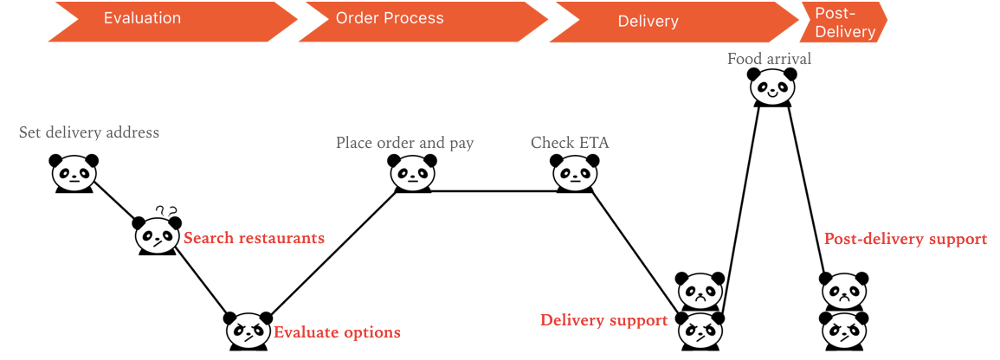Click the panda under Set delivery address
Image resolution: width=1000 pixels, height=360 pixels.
(x=74, y=173)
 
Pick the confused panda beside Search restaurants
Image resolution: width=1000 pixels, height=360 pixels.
(x=157, y=235)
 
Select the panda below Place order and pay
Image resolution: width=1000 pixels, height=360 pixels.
(x=411, y=173)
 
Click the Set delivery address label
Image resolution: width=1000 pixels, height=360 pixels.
(x=89, y=132)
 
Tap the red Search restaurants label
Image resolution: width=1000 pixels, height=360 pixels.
(x=255, y=238)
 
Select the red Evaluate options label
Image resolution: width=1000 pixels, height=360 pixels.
(x=337, y=332)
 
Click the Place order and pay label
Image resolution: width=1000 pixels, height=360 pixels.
(x=404, y=143)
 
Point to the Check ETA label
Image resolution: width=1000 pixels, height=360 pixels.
(x=570, y=143)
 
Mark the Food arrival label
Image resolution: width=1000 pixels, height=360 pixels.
(x=769, y=59)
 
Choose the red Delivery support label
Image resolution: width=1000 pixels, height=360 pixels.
(x=603, y=320)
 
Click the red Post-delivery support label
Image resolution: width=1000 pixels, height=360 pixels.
(x=905, y=239)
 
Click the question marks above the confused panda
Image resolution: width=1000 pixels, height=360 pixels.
(x=166, y=211)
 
